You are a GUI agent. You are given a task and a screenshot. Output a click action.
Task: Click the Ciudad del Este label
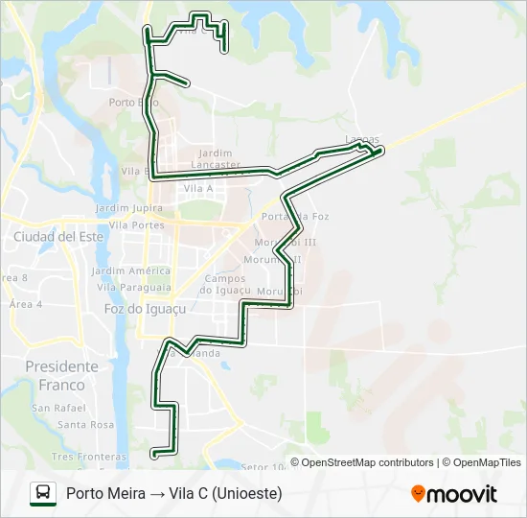point(57,236)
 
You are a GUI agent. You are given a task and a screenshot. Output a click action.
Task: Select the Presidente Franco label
point(61,375)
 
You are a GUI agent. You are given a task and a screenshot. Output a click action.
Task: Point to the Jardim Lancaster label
point(216,158)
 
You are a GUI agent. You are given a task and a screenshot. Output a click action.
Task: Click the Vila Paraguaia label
point(134,287)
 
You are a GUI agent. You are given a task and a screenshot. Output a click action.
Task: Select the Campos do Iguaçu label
point(225,284)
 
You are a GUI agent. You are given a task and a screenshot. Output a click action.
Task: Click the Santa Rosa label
point(85,424)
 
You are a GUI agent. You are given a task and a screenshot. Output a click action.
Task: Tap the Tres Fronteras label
point(89,457)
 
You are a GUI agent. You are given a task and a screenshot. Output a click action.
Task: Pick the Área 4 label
point(26,304)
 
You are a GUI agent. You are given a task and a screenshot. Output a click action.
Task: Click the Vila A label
point(198,189)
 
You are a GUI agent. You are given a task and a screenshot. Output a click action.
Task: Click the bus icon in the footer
point(43,493)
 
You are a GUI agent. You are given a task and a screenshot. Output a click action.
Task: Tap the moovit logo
point(454,494)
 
